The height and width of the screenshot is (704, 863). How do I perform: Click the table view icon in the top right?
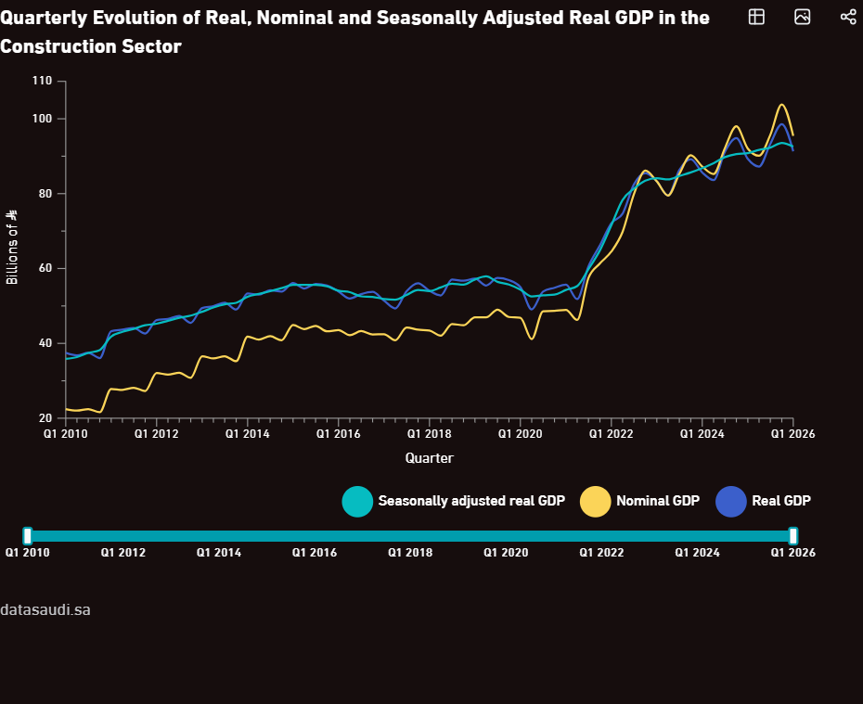click(757, 17)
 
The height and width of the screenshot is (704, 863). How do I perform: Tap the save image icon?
click(803, 17)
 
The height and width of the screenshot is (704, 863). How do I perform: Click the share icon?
click(848, 17)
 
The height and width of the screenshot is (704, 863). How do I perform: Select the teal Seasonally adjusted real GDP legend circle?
click(357, 502)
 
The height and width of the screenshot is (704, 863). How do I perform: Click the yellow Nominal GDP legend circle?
click(596, 502)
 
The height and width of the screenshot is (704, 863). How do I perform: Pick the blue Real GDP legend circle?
click(731, 502)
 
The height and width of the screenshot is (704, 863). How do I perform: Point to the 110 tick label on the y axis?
click(42, 81)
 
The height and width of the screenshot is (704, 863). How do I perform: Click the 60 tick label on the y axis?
click(45, 268)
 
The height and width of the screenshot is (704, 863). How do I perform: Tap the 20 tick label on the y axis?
click(45, 418)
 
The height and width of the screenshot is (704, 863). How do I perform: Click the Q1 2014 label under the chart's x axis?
click(248, 434)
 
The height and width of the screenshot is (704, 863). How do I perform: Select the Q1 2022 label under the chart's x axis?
click(611, 434)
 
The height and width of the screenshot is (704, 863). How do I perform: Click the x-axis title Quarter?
click(430, 458)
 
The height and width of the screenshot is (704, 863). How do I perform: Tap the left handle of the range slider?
click(28, 536)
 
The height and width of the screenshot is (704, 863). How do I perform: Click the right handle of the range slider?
click(793, 536)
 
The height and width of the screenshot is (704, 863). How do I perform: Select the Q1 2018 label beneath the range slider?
click(410, 553)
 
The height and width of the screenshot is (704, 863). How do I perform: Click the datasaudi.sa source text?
click(45, 610)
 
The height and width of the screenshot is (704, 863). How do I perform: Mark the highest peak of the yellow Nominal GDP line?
click(781, 105)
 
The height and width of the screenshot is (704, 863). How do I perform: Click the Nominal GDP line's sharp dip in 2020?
click(532, 339)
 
